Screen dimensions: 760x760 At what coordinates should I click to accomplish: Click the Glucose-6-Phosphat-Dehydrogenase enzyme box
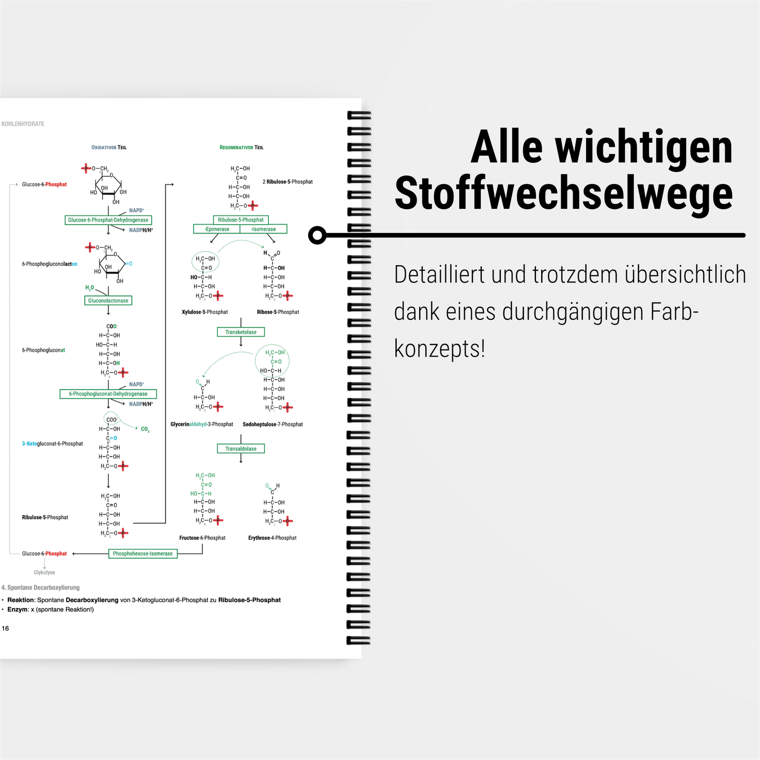108,220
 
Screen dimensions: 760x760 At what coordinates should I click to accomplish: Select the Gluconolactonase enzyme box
108,301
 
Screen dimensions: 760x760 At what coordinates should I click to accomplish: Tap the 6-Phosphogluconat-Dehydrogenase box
108,394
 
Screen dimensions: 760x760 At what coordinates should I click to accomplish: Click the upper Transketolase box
241,332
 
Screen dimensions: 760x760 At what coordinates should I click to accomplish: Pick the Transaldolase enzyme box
241,449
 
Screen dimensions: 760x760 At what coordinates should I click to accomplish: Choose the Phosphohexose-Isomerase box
143,554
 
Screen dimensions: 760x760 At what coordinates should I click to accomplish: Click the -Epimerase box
217,229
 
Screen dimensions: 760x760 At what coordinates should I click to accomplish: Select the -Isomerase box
264,229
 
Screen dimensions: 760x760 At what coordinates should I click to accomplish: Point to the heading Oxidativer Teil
109,148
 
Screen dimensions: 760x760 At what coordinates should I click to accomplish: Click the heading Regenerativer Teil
241,148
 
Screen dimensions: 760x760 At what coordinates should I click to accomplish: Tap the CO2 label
145,429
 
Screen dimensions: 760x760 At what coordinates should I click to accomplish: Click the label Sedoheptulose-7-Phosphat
272,424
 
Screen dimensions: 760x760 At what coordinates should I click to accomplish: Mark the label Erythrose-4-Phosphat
272,538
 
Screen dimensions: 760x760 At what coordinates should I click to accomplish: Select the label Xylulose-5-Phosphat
205,312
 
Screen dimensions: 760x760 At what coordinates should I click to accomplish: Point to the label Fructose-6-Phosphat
202,538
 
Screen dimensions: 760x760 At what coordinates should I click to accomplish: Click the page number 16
5,629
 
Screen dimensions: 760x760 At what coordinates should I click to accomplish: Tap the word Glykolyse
44,573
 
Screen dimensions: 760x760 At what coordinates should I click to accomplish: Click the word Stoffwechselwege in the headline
563,194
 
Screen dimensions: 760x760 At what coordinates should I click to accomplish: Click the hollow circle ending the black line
317,235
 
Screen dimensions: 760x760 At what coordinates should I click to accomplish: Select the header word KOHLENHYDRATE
23,124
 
